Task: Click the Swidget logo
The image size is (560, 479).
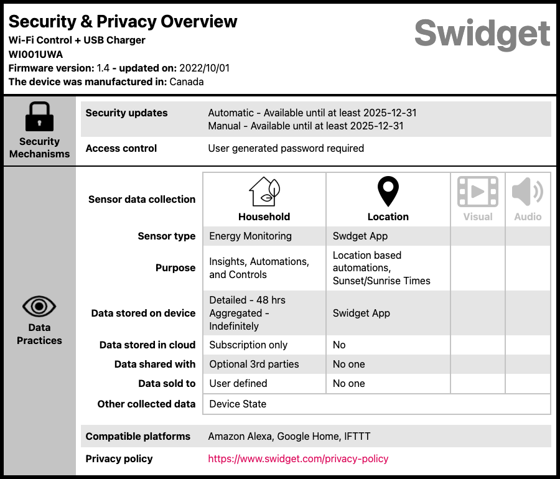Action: click(x=482, y=32)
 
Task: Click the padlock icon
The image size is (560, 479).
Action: click(x=39, y=116)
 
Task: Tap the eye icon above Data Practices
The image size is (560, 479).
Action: click(x=39, y=306)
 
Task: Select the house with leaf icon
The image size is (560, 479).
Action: click(x=264, y=192)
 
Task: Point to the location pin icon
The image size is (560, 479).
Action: click(x=388, y=192)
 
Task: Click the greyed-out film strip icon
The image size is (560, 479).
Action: click(x=477, y=192)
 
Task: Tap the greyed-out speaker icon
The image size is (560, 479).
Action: click(x=527, y=192)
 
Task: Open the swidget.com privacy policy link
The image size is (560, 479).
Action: click(x=298, y=458)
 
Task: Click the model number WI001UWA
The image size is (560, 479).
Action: click(x=35, y=54)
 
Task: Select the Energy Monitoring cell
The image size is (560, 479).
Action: click(x=250, y=236)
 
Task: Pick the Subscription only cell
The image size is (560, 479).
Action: click(x=248, y=345)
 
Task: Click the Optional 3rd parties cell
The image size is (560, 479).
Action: click(x=254, y=364)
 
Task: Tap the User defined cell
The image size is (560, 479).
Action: click(x=238, y=383)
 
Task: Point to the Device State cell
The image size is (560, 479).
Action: click(x=238, y=404)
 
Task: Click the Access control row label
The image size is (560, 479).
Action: click(x=121, y=148)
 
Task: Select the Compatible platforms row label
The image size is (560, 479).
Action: click(x=138, y=436)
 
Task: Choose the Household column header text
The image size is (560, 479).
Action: click(x=264, y=216)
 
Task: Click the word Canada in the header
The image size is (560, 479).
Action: click(x=187, y=81)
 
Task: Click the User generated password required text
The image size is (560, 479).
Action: click(x=286, y=148)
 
